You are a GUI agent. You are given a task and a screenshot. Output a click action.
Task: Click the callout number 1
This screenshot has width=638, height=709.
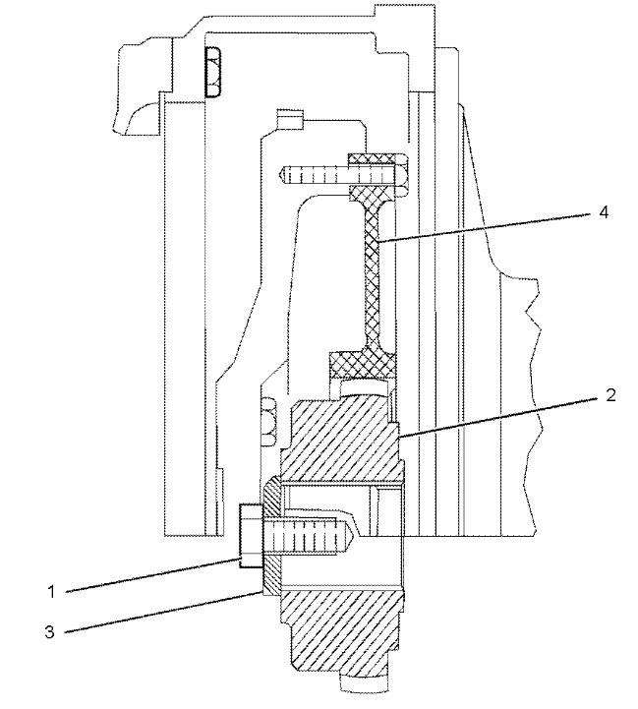click(x=51, y=592)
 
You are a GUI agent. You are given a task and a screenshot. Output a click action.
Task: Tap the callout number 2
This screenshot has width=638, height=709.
click(x=610, y=395)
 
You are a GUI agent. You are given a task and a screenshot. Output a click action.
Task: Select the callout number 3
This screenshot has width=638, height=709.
click(x=50, y=631)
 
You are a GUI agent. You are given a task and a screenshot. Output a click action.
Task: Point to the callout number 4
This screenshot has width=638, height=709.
click(x=604, y=212)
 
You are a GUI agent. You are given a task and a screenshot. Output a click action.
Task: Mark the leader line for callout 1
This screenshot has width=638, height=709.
click(x=152, y=574)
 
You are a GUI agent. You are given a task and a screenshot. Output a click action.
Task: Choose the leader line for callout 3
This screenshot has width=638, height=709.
click(x=164, y=612)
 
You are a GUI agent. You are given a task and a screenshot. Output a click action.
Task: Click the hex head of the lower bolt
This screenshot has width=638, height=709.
click(x=251, y=536)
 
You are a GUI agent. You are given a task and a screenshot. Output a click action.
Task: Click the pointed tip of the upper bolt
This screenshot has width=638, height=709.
click(x=280, y=175)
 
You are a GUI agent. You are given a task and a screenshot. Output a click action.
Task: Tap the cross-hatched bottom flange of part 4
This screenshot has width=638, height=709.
click(x=363, y=365)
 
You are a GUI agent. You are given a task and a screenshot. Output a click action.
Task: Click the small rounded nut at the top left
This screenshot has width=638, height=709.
click(x=212, y=72)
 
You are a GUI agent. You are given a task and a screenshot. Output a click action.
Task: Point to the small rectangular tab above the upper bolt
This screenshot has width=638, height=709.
click(x=289, y=119)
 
